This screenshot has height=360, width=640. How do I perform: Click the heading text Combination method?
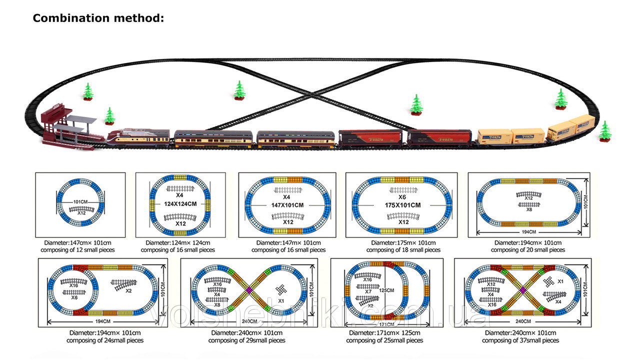click(x=98, y=18)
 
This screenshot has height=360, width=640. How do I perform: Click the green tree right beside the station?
click(x=109, y=116)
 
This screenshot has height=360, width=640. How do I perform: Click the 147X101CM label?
click(x=288, y=205)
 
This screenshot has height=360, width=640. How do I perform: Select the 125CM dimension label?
click(x=386, y=290)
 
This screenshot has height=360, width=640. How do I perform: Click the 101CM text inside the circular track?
click(x=80, y=202)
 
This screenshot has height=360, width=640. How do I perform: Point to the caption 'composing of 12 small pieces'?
click(x=80, y=249)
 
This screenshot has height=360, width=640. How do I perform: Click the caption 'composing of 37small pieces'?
click(x=520, y=340)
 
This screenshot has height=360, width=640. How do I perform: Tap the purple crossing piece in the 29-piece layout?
click(x=248, y=289)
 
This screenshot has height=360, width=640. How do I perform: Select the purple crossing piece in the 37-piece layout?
click(x=522, y=289)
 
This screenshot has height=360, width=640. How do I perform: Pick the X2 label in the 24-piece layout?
click(x=128, y=290)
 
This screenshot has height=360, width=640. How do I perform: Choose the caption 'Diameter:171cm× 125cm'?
click(x=386, y=332)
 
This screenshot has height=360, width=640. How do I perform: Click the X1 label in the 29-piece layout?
click(x=281, y=301)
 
